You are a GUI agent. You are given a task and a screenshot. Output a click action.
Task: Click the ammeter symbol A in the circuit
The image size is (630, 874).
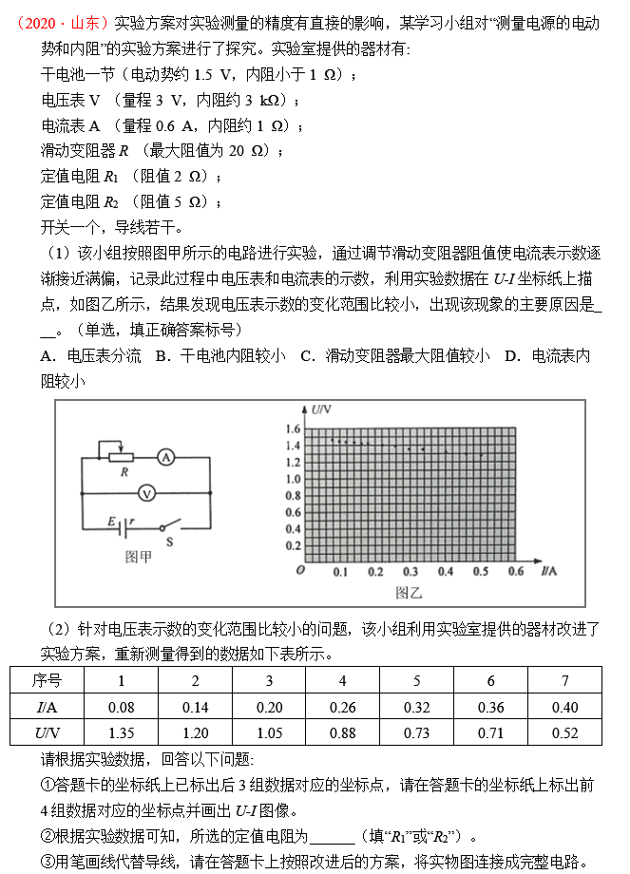166,457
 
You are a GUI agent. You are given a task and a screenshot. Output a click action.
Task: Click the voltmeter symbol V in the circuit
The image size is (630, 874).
146,492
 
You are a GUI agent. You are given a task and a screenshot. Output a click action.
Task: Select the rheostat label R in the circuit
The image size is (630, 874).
124,470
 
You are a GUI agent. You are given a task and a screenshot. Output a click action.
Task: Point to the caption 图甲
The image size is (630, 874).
139,557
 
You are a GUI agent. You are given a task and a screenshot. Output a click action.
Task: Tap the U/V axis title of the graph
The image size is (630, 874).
320,409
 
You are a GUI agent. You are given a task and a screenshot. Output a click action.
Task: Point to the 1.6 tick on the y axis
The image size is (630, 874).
292,428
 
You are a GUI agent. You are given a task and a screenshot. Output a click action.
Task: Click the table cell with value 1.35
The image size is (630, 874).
121,732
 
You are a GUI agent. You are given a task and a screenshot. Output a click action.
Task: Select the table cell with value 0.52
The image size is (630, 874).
564,732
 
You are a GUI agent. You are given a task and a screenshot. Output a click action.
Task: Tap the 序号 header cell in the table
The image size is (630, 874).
46,680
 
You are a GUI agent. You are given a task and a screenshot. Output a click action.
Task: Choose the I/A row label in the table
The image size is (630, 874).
46,707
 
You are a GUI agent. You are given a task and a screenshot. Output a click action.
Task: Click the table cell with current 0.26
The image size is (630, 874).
343,707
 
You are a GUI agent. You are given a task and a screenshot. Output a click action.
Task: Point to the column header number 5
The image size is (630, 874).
416,680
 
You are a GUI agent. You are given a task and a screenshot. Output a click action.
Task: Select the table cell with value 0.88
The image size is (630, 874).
343,732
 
